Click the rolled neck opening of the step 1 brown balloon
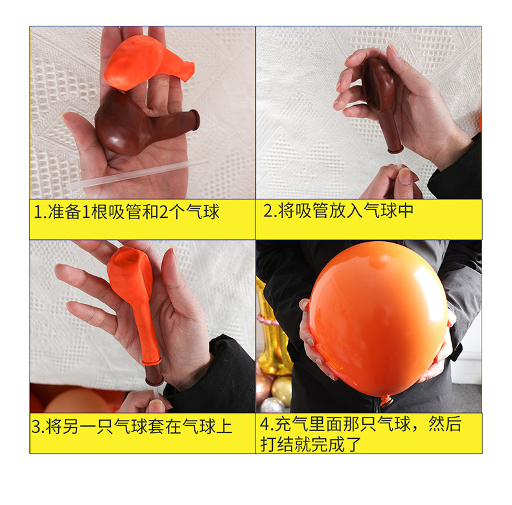click(x=194, y=120)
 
